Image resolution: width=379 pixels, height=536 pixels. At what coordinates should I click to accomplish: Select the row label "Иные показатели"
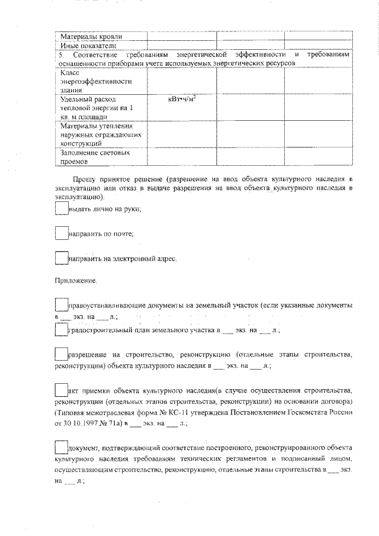[x=86, y=45]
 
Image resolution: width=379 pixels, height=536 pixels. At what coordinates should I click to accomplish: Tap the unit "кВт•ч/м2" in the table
[x=182, y=99]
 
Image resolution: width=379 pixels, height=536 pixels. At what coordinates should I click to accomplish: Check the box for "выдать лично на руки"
[x=62, y=208]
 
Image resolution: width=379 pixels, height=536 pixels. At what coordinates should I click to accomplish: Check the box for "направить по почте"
[x=62, y=233]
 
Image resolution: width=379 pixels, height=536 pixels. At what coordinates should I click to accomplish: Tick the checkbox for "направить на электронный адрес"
[x=62, y=258]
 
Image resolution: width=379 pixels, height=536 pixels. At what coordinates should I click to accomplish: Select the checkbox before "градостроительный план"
[x=62, y=329]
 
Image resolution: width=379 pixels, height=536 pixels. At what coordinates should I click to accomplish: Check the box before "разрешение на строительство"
[x=62, y=355]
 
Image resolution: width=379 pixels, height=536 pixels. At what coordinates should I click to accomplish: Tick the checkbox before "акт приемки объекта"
[x=62, y=391]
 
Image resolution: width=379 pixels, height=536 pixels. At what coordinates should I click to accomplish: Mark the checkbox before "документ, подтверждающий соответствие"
[x=62, y=447]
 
